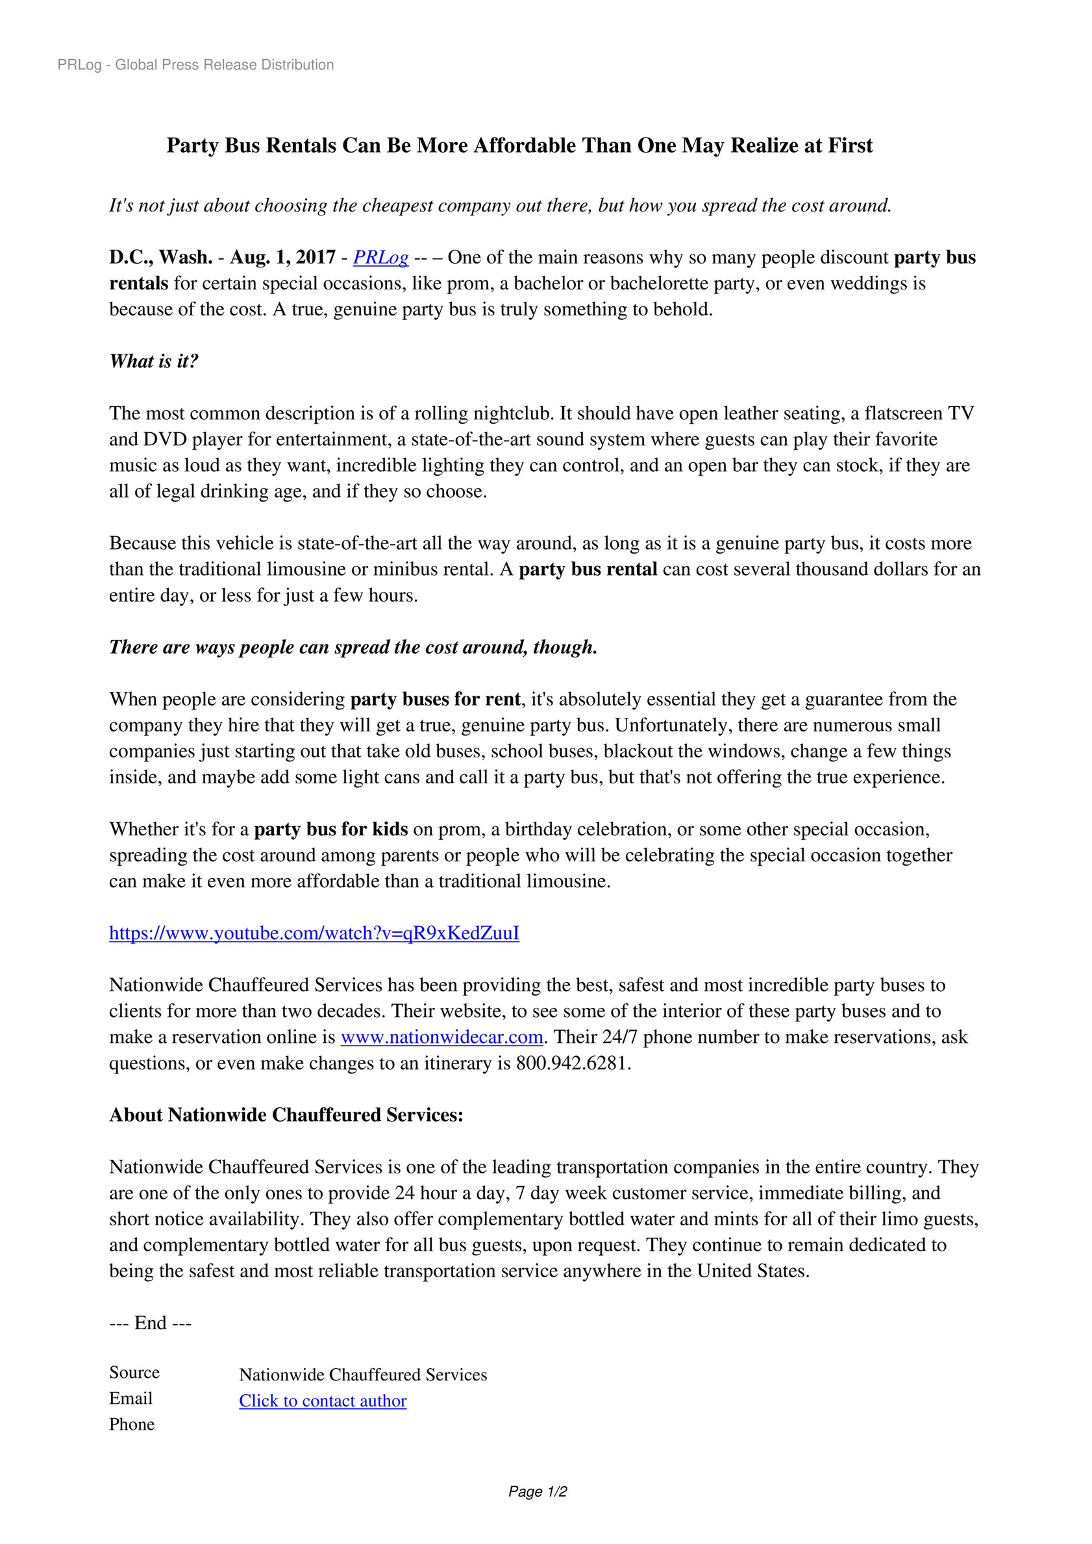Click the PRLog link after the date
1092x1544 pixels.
pyautogui.click(x=381, y=258)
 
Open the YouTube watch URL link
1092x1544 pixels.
pyautogui.click(x=314, y=933)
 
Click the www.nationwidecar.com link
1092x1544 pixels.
pyautogui.click(x=442, y=1037)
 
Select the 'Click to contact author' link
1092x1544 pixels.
pyautogui.click(x=322, y=1401)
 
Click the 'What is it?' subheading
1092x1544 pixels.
pyautogui.click(x=154, y=361)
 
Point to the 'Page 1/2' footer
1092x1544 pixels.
pyautogui.click(x=538, y=1491)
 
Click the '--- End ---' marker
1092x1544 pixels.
pyautogui.click(x=150, y=1323)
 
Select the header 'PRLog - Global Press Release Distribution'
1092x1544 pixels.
pyautogui.click(x=196, y=64)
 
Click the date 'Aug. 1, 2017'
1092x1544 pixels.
pyautogui.click(x=282, y=258)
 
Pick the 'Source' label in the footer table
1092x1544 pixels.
pyautogui.click(x=134, y=1373)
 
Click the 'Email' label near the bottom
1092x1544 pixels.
pyautogui.click(x=131, y=1399)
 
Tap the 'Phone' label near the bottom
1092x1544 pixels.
pyautogui.click(x=132, y=1425)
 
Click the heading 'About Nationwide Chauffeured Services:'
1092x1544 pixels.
pyautogui.click(x=286, y=1115)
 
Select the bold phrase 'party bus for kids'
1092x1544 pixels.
pyautogui.click(x=330, y=829)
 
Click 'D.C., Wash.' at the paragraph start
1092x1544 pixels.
pyautogui.click(x=161, y=258)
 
